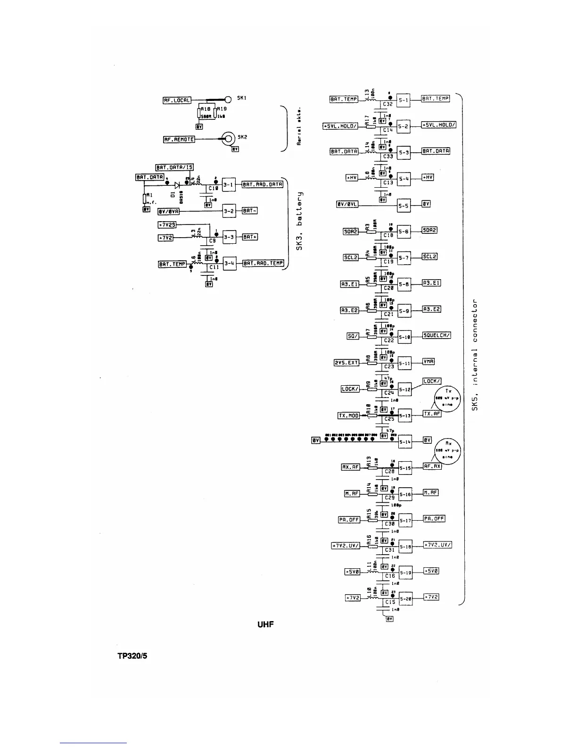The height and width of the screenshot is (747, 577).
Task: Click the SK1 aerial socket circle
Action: point(228,100)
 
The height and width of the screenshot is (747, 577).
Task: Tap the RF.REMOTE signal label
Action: point(179,139)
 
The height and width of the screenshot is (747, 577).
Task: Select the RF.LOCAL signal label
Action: point(177,100)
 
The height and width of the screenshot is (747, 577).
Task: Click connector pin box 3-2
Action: point(229,211)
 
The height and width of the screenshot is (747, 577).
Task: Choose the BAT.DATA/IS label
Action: point(174,167)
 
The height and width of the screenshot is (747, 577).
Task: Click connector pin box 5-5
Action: point(404,205)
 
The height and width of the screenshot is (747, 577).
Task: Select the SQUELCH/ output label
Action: point(437,335)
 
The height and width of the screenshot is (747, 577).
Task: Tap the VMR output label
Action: point(429,362)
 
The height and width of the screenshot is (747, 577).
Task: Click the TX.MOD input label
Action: point(349,415)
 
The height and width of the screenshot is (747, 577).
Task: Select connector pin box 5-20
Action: point(405,599)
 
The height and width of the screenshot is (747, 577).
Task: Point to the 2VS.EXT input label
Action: point(346,363)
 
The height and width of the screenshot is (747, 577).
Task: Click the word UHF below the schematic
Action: point(266,625)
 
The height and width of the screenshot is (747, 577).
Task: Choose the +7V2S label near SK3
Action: point(166,224)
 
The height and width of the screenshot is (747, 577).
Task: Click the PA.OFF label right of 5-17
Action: point(434,519)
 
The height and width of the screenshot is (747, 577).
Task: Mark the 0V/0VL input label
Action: point(346,205)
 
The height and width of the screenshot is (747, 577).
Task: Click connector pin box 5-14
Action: point(405,442)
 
